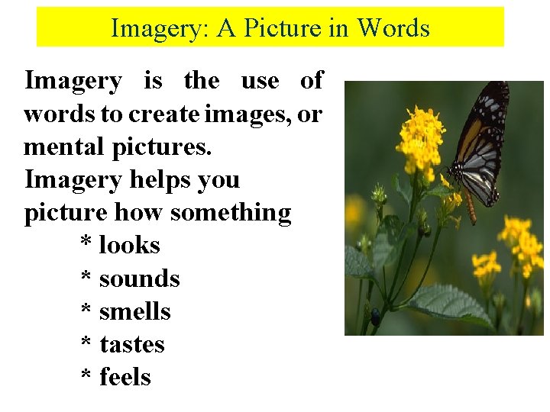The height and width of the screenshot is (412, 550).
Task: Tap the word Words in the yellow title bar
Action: coord(393,28)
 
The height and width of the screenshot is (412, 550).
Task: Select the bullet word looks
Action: coord(130,246)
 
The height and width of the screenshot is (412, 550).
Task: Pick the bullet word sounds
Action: coord(140,278)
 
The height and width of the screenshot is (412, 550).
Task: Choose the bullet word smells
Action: coord(135,311)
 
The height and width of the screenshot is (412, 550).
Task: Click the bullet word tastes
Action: coord(132,345)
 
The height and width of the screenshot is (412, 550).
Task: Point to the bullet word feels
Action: coord(125,378)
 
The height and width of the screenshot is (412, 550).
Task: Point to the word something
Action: coord(231,213)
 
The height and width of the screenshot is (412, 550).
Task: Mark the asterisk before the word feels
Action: coord(87,376)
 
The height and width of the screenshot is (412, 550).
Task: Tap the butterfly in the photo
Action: coord(477,149)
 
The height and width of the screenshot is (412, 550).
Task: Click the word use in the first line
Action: coord(260,81)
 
